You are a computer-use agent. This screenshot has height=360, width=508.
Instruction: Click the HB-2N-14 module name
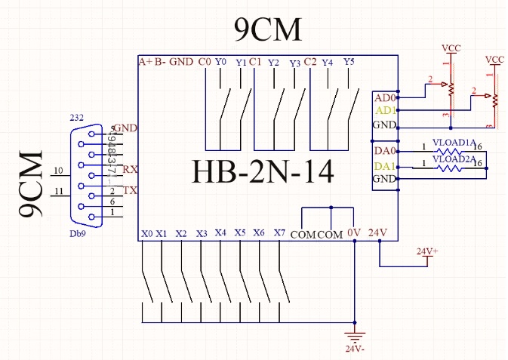[x=263, y=171]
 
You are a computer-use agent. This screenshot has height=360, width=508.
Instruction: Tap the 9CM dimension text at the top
[x=267, y=30]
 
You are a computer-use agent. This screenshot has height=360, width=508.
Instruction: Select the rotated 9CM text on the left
[x=31, y=185]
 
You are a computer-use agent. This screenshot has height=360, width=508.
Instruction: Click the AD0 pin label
[x=383, y=97]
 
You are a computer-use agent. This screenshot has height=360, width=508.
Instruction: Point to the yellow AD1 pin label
[x=383, y=110]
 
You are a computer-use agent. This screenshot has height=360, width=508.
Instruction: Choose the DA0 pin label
[x=383, y=152]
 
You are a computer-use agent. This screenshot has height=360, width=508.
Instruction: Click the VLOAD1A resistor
[x=454, y=149]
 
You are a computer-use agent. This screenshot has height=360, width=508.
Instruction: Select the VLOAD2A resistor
[x=454, y=167]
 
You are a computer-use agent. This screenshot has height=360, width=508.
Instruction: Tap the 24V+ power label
[x=427, y=251]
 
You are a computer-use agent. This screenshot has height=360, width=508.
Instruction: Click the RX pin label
[x=129, y=168]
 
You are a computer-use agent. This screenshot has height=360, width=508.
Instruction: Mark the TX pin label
[x=129, y=190]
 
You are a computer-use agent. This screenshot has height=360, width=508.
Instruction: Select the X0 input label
[x=146, y=234]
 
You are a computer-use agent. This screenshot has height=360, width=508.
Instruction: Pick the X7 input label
[x=279, y=233]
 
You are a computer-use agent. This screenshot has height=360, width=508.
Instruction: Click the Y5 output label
[x=348, y=61]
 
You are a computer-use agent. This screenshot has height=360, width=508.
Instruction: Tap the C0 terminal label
[x=204, y=61]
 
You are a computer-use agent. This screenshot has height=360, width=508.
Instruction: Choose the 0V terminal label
[x=355, y=233]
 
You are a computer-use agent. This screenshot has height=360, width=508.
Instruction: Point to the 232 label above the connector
[x=76, y=118]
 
